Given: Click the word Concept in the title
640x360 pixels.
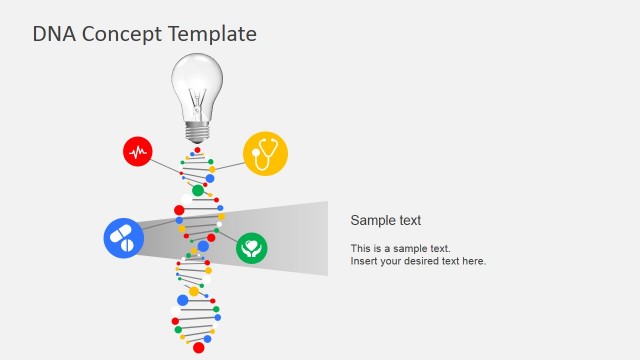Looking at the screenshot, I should (116, 34).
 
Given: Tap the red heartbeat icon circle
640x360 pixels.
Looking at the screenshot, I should (138, 151).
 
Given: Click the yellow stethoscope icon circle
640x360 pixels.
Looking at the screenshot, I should (265, 153).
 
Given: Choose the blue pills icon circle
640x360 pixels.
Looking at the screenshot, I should (124, 238).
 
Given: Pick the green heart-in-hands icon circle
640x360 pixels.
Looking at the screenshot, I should (252, 248).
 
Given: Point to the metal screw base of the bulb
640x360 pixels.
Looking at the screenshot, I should (197, 130).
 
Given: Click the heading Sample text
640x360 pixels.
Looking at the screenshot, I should (386, 221).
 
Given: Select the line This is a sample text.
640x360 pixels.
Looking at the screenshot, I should (400, 248).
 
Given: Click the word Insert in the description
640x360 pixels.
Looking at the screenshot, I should (364, 261).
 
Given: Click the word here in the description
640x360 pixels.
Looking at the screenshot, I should (473, 261).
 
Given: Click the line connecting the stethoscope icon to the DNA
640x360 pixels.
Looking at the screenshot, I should (229, 163).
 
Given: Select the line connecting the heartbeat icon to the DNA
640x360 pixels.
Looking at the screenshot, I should (165, 165).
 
